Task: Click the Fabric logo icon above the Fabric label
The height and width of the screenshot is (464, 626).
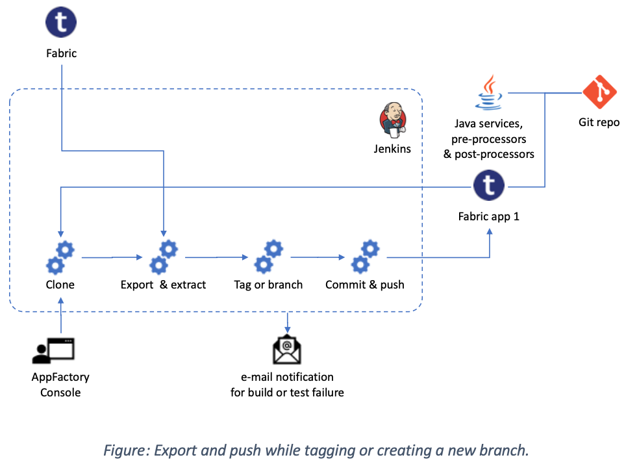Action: pos(61,22)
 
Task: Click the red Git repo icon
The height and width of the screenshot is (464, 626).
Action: pos(599,92)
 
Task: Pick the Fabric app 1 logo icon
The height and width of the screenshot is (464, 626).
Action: pos(489,186)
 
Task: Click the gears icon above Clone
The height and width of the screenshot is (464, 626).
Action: pos(60,257)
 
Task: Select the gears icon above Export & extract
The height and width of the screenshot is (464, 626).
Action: pos(164,257)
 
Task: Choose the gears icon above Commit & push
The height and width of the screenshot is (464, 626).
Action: pos(365,257)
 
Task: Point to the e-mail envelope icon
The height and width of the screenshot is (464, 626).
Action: pos(286,351)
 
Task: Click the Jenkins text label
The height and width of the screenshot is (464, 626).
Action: pos(392,149)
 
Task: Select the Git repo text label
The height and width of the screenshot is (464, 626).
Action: pos(599,122)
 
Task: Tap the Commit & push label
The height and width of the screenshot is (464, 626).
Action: pos(365,285)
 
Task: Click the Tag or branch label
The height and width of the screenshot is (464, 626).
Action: pos(268,285)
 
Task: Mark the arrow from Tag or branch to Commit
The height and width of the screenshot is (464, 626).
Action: pos(318,257)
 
